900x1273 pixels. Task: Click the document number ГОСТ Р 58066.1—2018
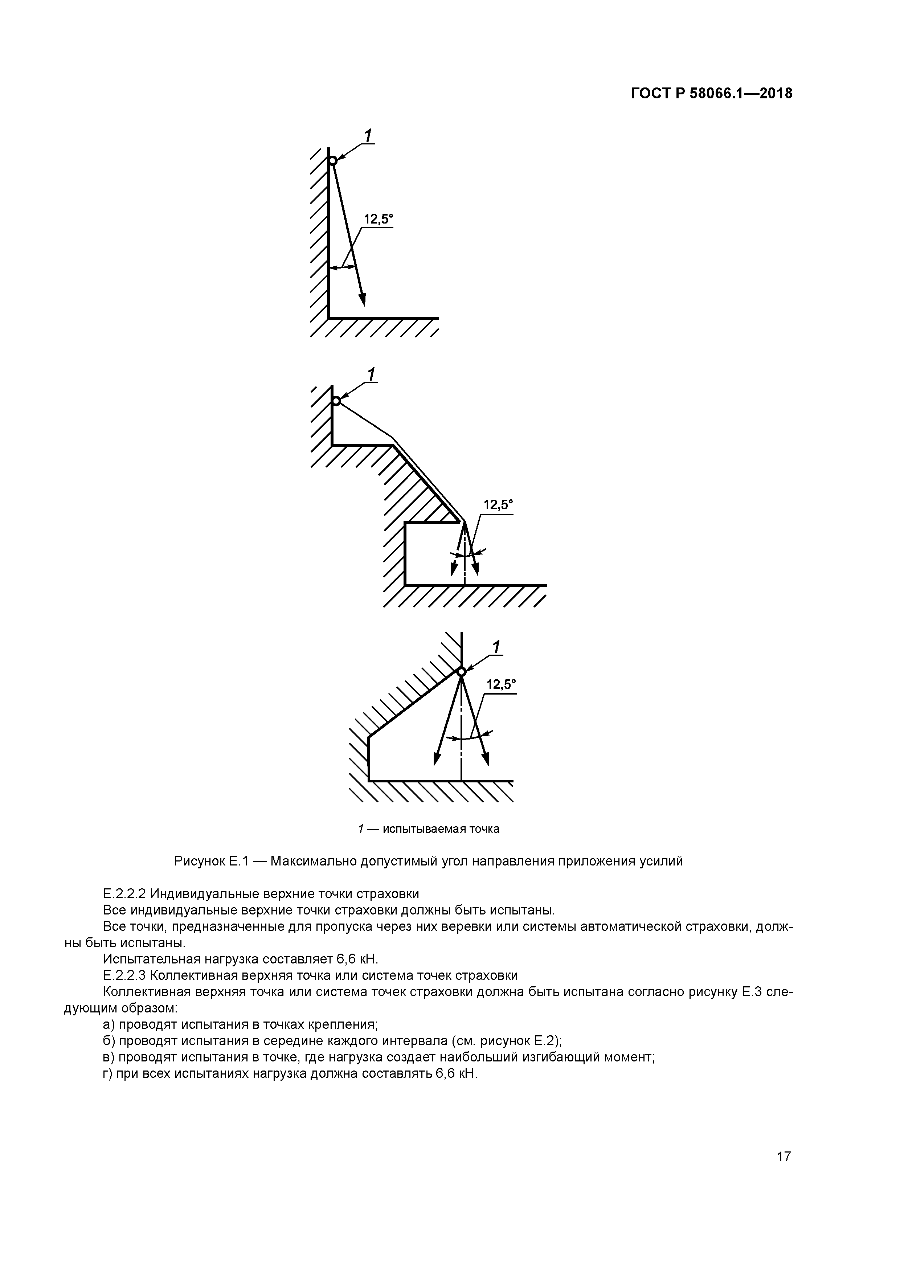pos(711,94)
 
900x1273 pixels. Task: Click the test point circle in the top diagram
pos(332,161)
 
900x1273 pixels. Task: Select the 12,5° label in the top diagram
pos(378,220)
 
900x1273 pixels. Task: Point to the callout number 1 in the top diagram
pos(368,136)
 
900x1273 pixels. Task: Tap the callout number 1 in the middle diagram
pos(371,375)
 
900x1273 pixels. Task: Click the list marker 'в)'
pos(109,1057)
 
